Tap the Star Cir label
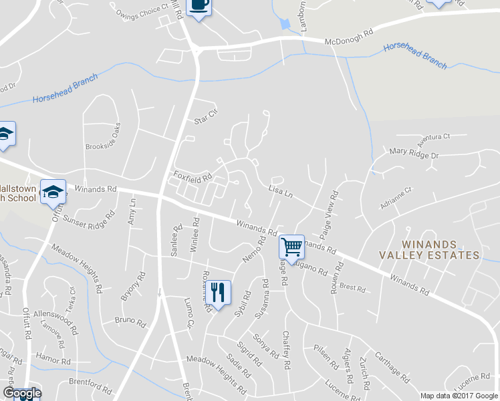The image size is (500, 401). (x=206, y=116)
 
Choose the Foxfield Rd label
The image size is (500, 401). (x=193, y=177)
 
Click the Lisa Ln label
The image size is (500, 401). (x=281, y=191)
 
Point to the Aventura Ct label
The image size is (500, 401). (x=434, y=140)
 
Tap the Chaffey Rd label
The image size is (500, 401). (x=286, y=350)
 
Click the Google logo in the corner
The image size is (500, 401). (x=22, y=393)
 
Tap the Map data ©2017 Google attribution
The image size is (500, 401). (x=459, y=395)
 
